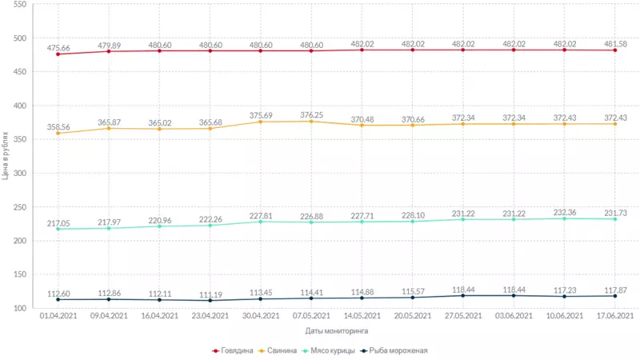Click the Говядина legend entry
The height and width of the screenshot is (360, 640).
click(234, 350)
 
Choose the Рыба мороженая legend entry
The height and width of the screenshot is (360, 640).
click(394, 350)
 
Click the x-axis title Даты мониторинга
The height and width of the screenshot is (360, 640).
click(337, 330)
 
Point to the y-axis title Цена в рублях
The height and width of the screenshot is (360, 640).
click(6, 156)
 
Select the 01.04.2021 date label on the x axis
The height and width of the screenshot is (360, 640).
click(58, 316)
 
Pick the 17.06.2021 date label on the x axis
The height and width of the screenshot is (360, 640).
click(614, 316)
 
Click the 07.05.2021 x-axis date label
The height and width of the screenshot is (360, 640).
click(311, 316)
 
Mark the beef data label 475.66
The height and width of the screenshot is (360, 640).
click(58, 48)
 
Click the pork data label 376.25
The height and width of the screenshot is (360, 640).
click(311, 115)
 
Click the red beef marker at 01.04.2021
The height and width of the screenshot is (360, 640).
click(58, 54)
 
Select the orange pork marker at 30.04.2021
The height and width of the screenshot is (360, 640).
click(261, 122)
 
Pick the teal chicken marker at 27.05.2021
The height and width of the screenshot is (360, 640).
click(463, 219)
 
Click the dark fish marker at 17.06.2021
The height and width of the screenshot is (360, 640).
click(614, 296)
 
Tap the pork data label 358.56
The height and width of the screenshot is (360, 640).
click(58, 127)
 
